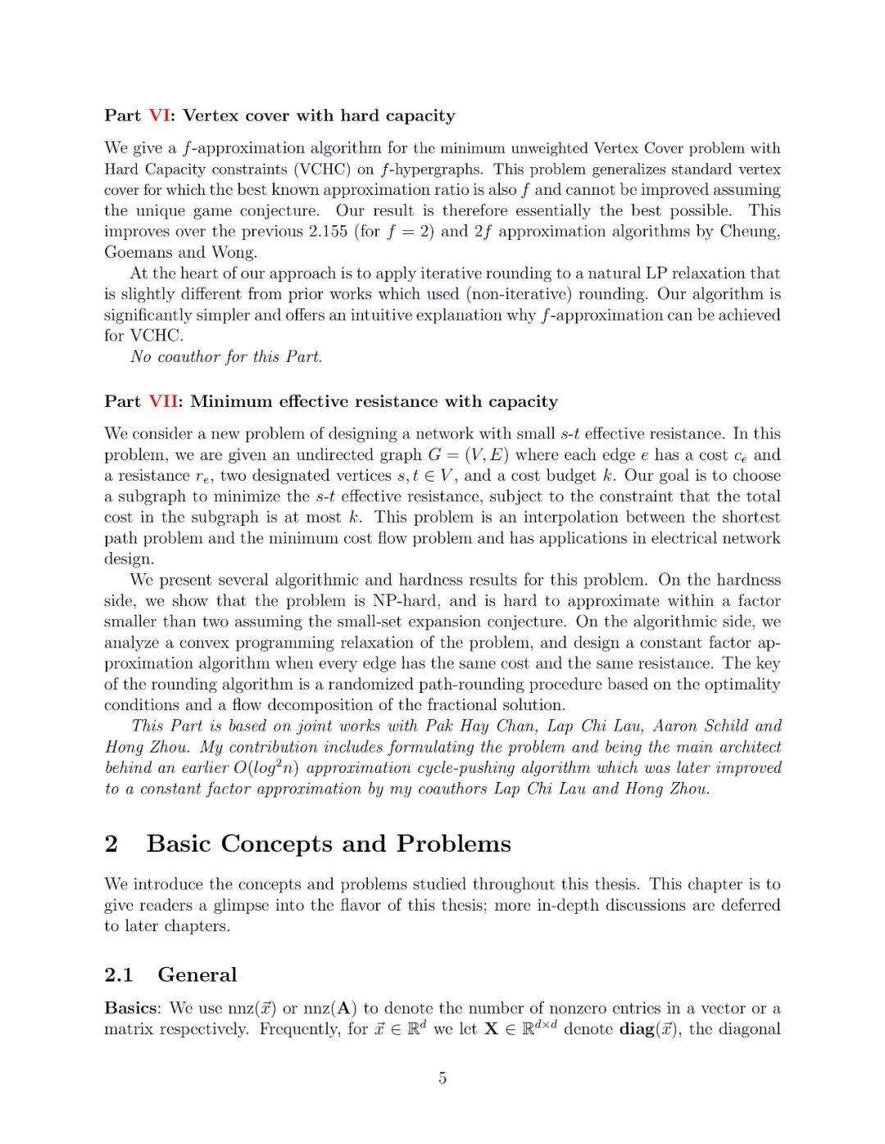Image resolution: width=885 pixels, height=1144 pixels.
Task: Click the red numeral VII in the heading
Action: click(163, 401)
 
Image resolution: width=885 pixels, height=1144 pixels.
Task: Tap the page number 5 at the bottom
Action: click(442, 1078)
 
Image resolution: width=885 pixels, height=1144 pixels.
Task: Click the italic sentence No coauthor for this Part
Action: click(226, 357)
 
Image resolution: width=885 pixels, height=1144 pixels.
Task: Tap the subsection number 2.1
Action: click(119, 974)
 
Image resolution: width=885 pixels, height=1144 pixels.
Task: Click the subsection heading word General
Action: click(197, 974)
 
